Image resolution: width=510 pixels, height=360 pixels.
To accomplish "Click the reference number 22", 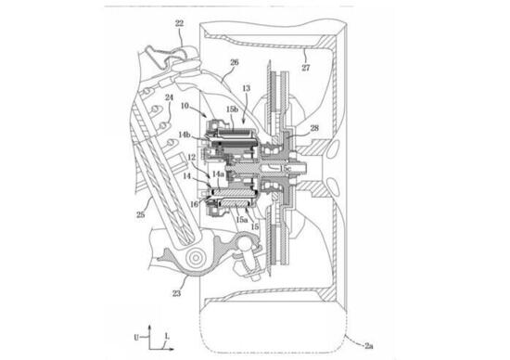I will pos(178,23).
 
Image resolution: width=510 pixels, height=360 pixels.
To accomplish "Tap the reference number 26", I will pos(234,63).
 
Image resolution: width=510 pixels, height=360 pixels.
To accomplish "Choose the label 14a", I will pos(219,174).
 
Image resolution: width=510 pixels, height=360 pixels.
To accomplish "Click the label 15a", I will pos(241,220).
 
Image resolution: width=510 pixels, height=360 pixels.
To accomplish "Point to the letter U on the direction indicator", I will pos(134,329).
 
